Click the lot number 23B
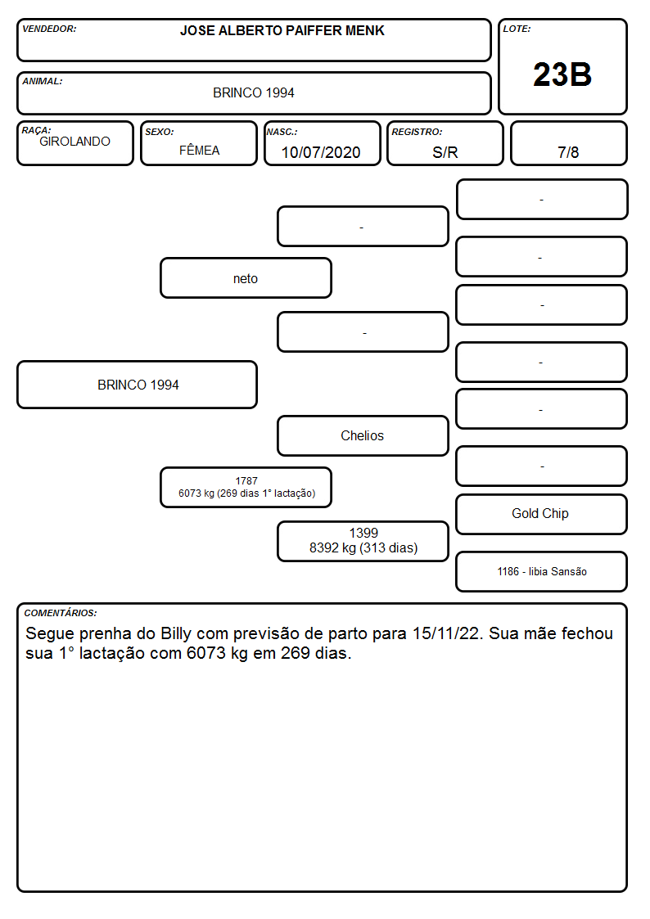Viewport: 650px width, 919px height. pos(562,74)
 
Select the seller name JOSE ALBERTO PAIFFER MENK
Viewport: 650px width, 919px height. pos(282,30)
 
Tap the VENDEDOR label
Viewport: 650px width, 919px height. pos(49,29)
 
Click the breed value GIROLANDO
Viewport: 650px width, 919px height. pos(74,142)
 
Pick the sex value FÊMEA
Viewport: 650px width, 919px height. pos(199,150)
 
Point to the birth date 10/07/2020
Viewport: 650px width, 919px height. pos(321,152)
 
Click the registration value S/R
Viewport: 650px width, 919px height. pos(445,152)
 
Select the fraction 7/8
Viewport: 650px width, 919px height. pos(568,152)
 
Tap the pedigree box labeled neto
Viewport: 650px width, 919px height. pos(246,277)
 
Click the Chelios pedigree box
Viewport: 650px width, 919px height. pos(363,435)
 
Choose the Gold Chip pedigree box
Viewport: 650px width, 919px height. pos(541,514)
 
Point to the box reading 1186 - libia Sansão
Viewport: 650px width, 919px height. pos(541,571)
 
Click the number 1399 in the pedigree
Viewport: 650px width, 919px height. pos(363,533)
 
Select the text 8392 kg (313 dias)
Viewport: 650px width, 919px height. pos(363,548)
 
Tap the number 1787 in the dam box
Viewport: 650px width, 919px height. pos(246,480)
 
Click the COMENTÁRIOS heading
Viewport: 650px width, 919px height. pos(61,613)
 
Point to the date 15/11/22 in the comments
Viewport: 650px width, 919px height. pos(445,633)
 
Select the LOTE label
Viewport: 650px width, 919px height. pos(517,29)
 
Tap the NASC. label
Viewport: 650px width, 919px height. pos(282,133)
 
